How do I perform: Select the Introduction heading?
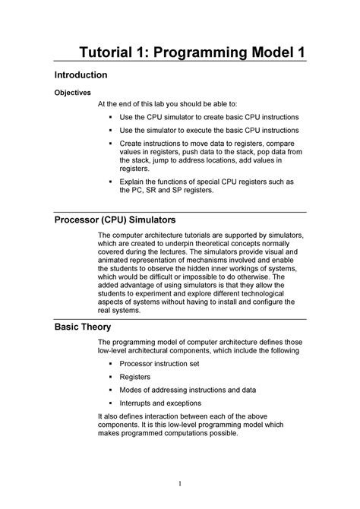(81, 76)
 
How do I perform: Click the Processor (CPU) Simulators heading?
(114, 220)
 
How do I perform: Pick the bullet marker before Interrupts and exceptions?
(110, 403)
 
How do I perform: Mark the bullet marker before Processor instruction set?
(110, 364)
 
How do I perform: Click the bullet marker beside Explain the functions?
(110, 182)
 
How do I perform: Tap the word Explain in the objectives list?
(136, 182)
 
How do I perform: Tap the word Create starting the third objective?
(134, 143)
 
